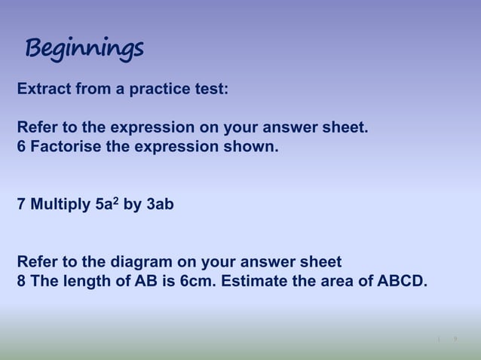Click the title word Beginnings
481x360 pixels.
click(x=84, y=50)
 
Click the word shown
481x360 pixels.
click(x=255, y=145)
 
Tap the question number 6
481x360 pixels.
click(x=21, y=145)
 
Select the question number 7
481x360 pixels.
click(x=21, y=204)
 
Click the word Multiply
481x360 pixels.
click(x=60, y=204)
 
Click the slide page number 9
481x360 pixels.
click(x=455, y=340)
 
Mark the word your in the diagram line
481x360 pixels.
click(x=218, y=263)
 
